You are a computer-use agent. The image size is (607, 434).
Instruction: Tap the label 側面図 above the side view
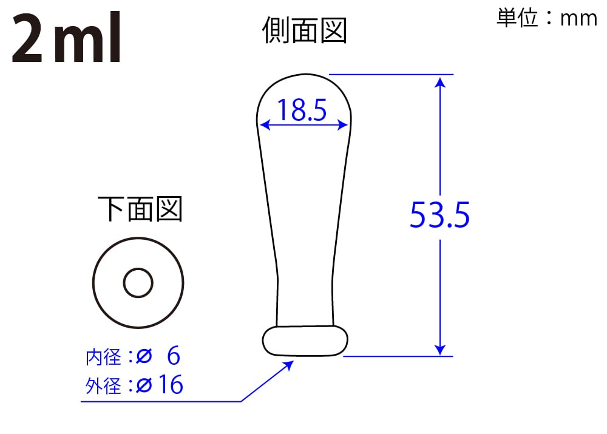[x=304, y=30]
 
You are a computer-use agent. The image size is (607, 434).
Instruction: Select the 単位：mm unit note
[x=547, y=18]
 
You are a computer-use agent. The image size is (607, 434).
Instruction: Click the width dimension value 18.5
[x=302, y=110]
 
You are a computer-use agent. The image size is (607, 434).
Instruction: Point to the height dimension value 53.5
[x=439, y=215]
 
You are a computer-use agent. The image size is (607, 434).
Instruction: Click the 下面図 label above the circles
[x=140, y=209]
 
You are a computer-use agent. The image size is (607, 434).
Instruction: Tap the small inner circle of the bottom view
[x=138, y=283]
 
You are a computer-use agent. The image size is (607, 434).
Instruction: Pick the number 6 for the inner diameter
[x=173, y=357]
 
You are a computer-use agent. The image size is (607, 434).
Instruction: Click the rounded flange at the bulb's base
[x=305, y=341]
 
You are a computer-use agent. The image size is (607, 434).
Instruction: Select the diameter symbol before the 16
[x=144, y=385]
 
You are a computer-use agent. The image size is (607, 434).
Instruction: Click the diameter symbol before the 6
[x=144, y=358]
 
